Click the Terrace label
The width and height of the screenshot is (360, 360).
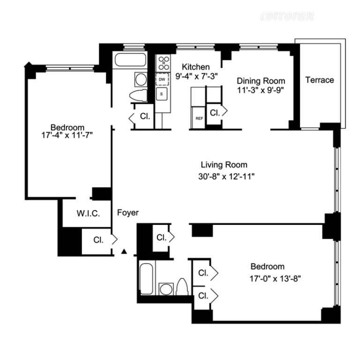click(x=319, y=80)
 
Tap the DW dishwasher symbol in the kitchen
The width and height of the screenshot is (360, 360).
click(x=162, y=79)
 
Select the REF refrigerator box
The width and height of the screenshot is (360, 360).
click(x=199, y=118)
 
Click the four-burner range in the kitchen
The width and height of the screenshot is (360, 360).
click(x=163, y=63)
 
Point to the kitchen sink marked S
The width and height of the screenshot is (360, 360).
click(x=162, y=94)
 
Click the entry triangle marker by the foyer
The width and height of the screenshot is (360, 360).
click(x=124, y=251)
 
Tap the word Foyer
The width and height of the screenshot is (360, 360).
click(x=128, y=213)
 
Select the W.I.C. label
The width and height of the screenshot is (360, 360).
click(x=88, y=214)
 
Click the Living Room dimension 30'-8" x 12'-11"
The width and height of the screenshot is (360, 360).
click(x=226, y=177)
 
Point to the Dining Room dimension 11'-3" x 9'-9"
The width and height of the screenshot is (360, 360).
click(x=261, y=90)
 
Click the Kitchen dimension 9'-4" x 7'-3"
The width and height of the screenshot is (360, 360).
click(x=196, y=76)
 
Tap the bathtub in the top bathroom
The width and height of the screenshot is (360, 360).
click(x=130, y=60)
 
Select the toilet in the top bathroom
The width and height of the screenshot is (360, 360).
click(x=138, y=96)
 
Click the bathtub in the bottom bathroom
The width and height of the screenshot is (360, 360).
click(x=146, y=278)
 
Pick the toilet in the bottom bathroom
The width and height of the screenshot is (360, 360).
click(x=182, y=287)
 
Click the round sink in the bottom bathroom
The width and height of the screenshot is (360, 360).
click(x=166, y=289)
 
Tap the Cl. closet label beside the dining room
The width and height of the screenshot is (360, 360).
click(x=215, y=112)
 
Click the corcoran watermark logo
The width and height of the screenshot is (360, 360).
click(x=287, y=16)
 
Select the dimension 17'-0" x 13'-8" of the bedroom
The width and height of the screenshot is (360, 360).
click(x=275, y=278)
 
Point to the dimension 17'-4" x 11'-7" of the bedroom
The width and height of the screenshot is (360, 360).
click(x=67, y=135)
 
